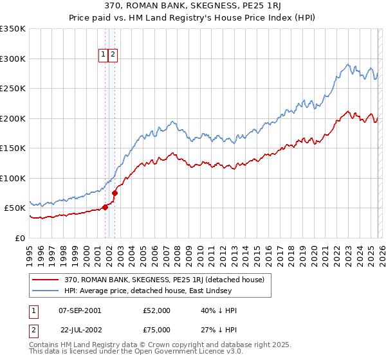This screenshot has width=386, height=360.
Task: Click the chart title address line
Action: pyautogui.click(x=193, y=5)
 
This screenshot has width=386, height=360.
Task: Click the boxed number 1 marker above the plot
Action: pyautogui.click(x=103, y=55)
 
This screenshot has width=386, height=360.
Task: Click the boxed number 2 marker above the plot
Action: pyautogui.click(x=113, y=55)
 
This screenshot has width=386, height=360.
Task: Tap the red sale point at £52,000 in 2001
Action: pyautogui.click(x=105, y=207)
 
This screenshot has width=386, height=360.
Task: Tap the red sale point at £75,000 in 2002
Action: pyautogui.click(x=115, y=193)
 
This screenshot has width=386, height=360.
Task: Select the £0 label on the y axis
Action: pyautogui.click(x=20, y=238)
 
